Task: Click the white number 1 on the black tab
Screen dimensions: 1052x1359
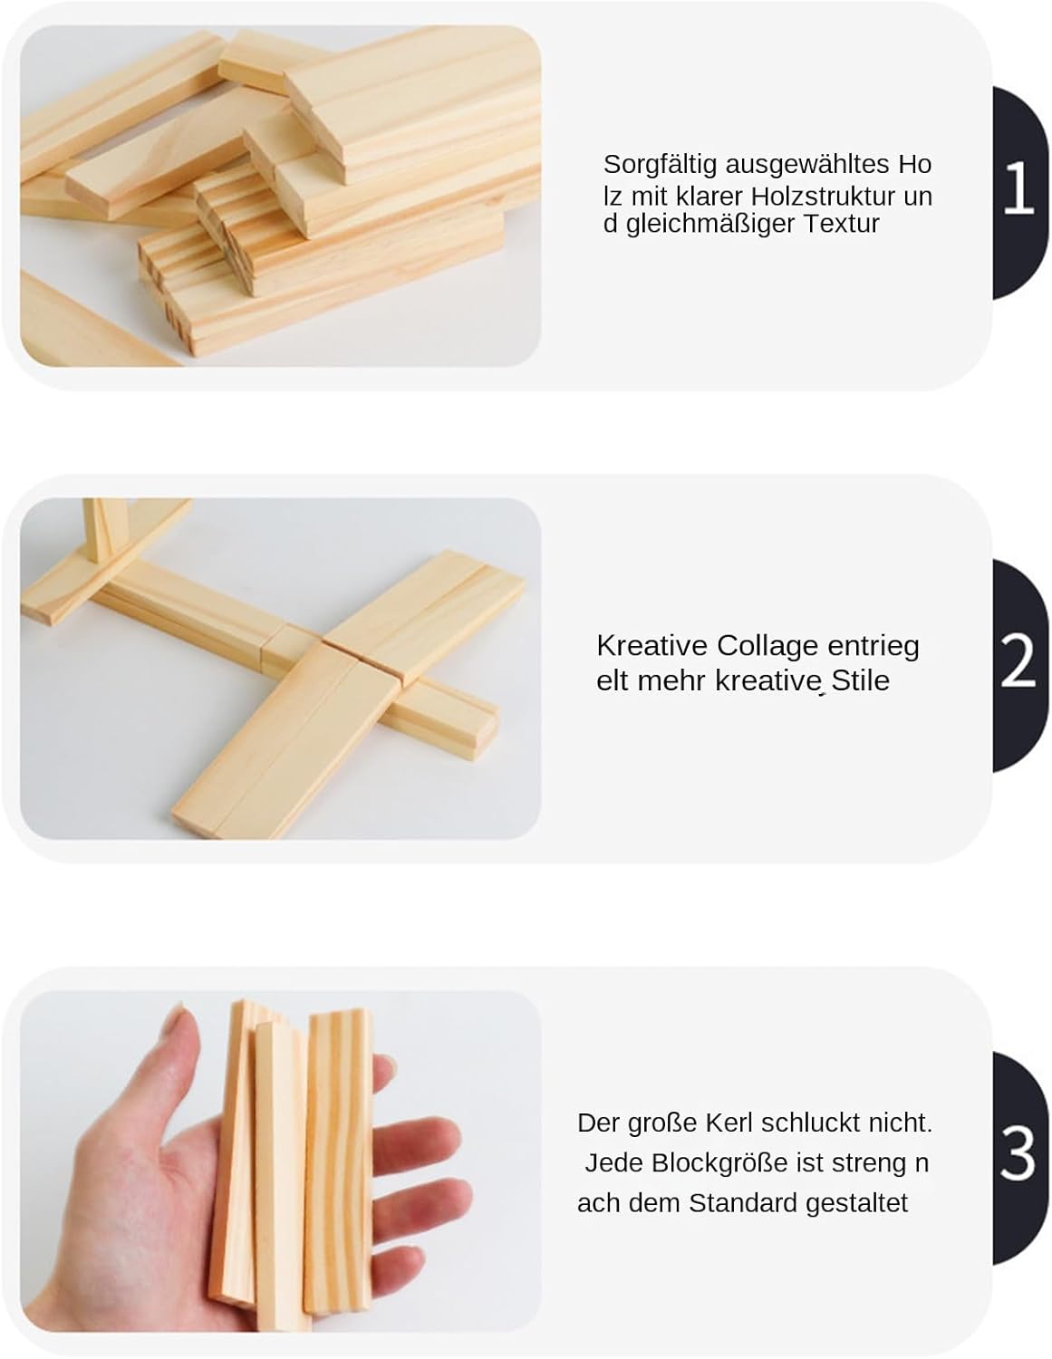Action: [x=1018, y=187]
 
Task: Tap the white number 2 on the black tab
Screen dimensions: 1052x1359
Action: [x=1018, y=660]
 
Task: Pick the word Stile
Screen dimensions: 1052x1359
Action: [x=860, y=680]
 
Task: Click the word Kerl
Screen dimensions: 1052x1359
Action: [x=729, y=1123]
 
